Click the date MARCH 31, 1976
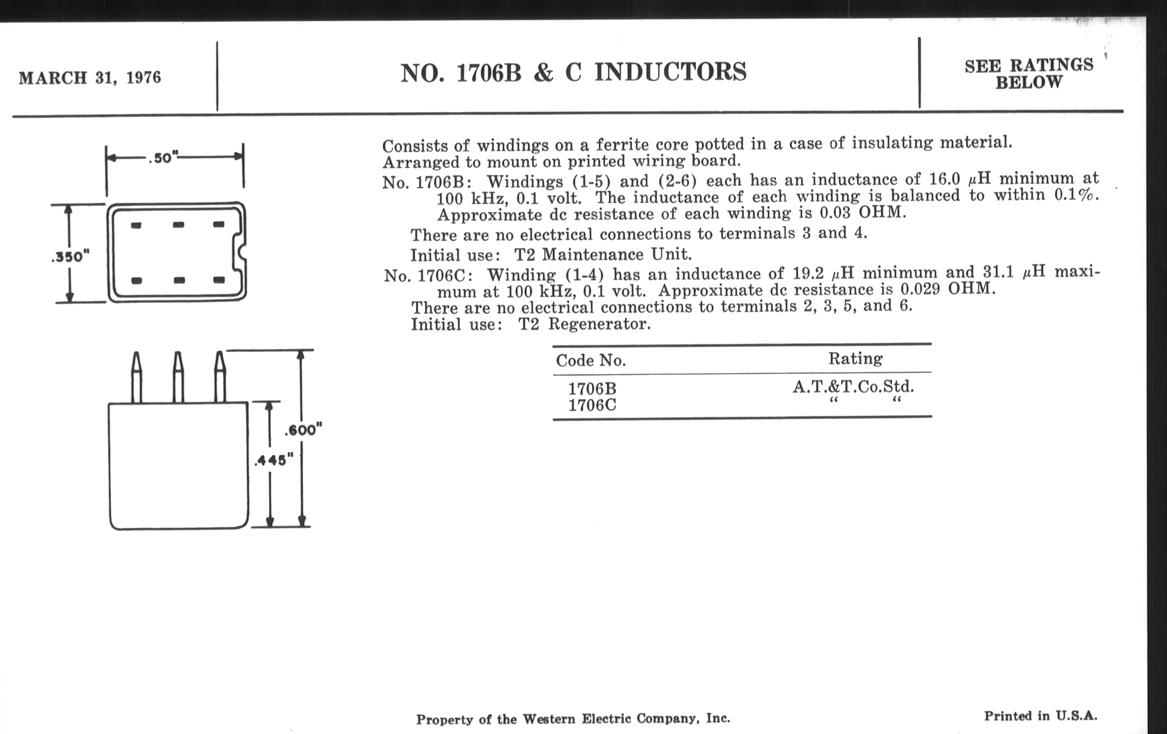(90, 78)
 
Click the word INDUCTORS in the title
(670, 72)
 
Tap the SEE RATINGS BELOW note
(1028, 74)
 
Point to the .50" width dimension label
(163, 158)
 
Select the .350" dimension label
(70, 256)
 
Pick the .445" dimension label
(274, 460)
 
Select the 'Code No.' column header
(591, 360)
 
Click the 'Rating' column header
(856, 358)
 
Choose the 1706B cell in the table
(592, 389)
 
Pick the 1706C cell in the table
(592, 405)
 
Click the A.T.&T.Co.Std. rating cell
(853, 387)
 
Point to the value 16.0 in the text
(944, 179)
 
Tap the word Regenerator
(599, 324)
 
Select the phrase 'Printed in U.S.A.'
(1040, 716)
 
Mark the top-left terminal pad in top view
(136, 225)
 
